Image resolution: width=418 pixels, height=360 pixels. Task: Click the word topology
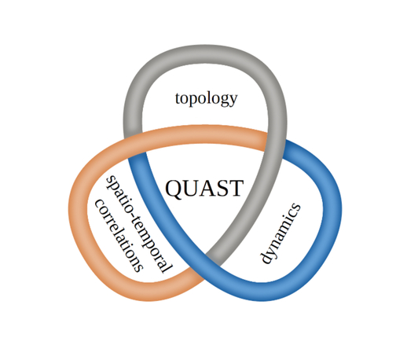pyautogui.click(x=206, y=100)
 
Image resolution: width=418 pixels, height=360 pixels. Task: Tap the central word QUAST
pyautogui.click(x=204, y=189)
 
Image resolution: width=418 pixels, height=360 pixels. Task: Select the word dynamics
pyautogui.click(x=280, y=233)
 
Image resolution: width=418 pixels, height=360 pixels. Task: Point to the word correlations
pyautogui.click(x=119, y=236)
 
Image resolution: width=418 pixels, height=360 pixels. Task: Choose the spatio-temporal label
pyautogui.click(x=138, y=224)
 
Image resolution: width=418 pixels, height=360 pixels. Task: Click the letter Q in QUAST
pyautogui.click(x=174, y=189)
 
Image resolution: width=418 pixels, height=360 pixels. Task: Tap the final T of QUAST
pyautogui.click(x=236, y=189)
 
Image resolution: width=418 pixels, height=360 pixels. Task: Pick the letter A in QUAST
pyautogui.click(x=207, y=189)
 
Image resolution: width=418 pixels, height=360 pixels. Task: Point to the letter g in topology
pyautogui.click(x=223, y=101)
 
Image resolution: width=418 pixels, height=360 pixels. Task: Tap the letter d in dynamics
pyautogui.click(x=267, y=256)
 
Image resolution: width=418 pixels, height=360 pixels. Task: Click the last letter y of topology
pyautogui.click(x=233, y=101)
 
